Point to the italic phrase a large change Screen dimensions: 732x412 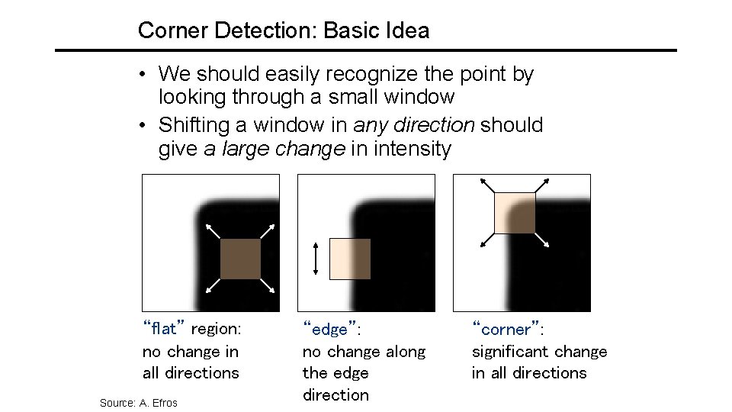pyautogui.click(x=274, y=148)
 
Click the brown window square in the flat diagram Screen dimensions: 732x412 pyautogui.click(x=240, y=259)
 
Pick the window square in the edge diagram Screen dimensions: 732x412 pyautogui.click(x=350, y=259)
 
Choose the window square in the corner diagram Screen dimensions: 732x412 pyautogui.click(x=515, y=213)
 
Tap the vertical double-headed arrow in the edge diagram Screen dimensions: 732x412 pyautogui.click(x=316, y=259)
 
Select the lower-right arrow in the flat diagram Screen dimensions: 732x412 pyautogui.click(x=268, y=287)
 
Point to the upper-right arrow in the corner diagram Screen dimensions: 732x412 pyautogui.click(x=542, y=185)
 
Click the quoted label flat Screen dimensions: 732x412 pyautogui.click(x=164, y=330)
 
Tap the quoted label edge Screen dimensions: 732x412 pyautogui.click(x=330, y=330)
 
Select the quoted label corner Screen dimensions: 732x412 pyautogui.click(x=507, y=330)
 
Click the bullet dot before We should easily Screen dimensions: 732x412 pyautogui.click(x=143, y=75)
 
